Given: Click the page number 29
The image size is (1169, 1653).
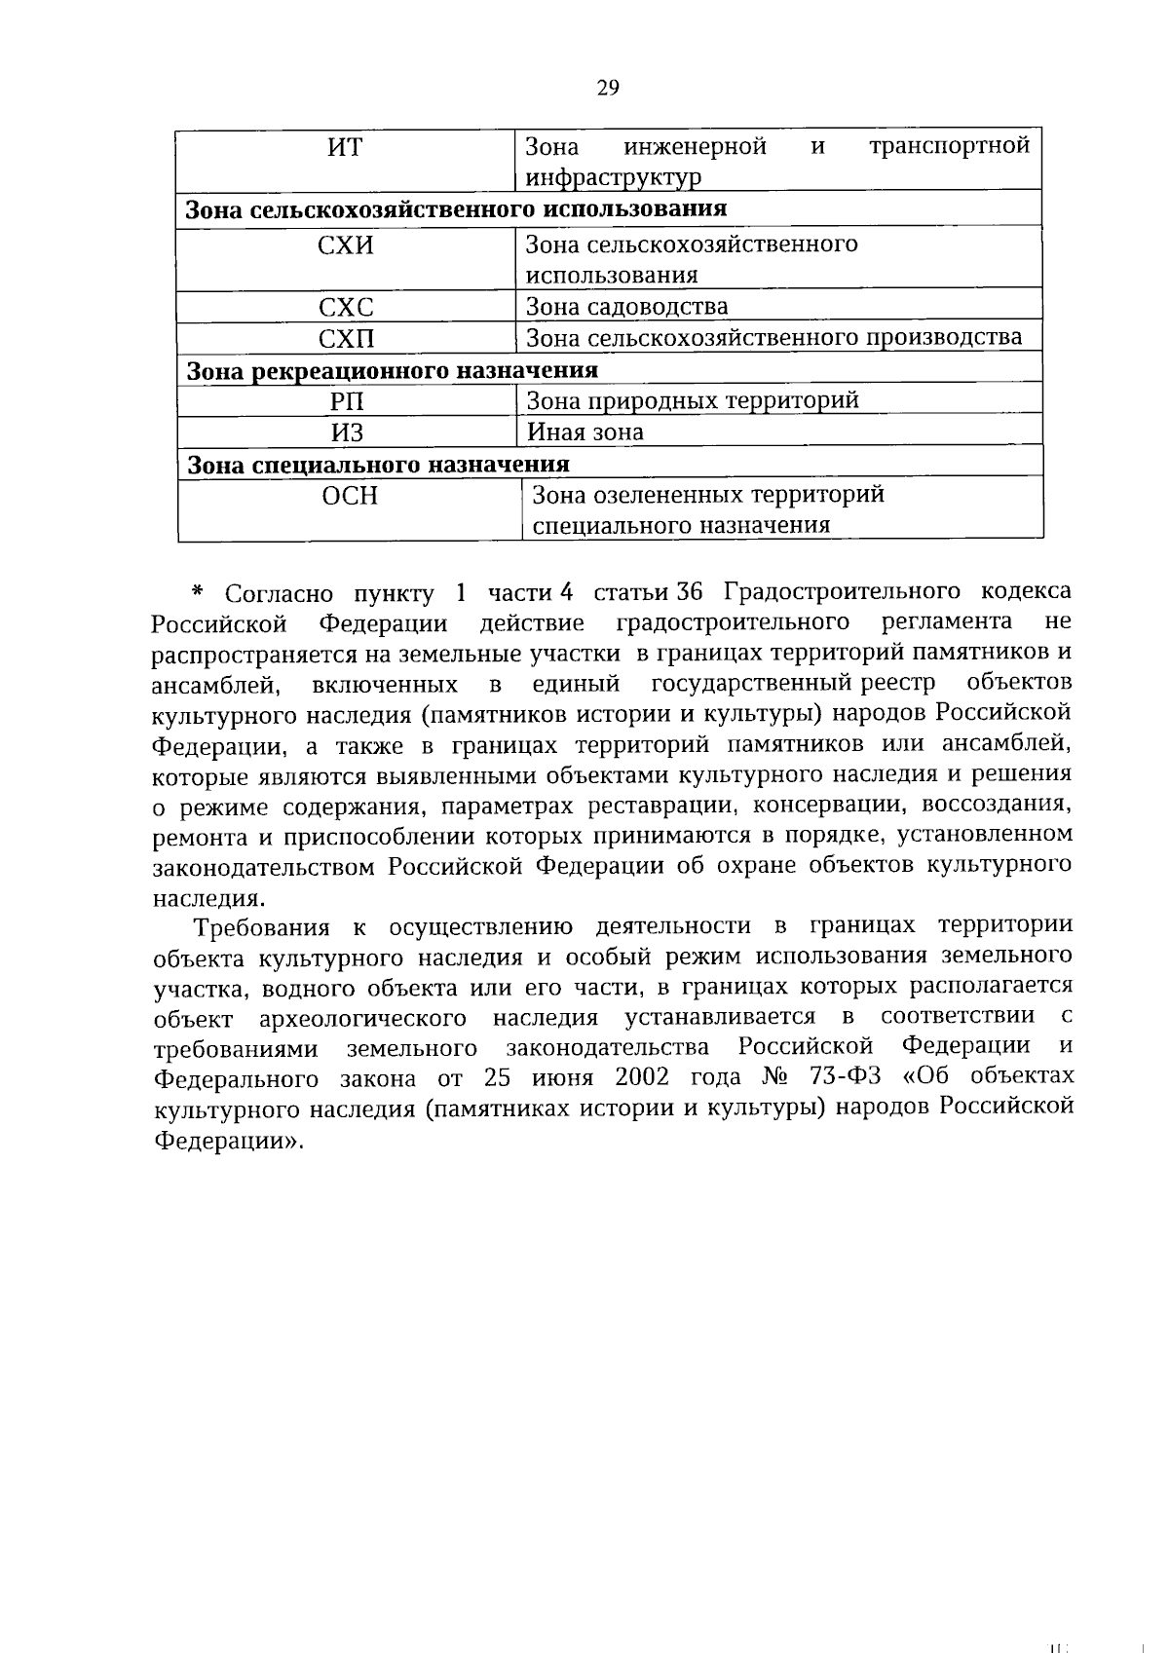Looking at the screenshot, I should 607,89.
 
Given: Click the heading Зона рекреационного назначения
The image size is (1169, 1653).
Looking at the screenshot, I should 392,370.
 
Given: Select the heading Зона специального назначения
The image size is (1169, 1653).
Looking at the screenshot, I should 378,464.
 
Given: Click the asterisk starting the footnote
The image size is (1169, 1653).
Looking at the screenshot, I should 198,592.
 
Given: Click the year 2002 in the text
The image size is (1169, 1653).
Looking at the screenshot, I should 641,1077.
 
